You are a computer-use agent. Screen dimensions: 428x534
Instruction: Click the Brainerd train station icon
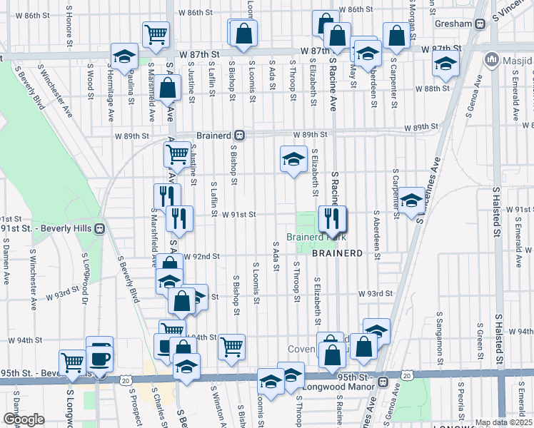(x=241, y=135)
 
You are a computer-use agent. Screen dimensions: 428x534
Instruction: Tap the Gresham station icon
(x=480, y=24)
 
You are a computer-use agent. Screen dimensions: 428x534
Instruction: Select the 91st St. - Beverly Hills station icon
(x=100, y=228)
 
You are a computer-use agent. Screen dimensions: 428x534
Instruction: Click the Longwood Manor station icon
(x=383, y=382)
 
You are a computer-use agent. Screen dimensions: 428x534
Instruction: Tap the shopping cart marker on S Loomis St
(x=231, y=347)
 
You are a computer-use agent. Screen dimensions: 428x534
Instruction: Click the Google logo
(x=24, y=419)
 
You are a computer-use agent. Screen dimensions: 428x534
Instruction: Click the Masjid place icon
(x=491, y=58)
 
